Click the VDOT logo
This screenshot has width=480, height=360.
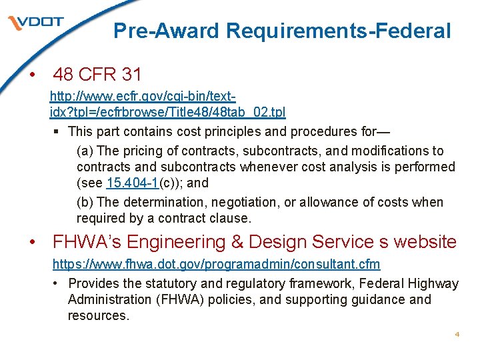click(x=36, y=23)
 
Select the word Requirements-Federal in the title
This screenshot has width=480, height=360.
click(x=339, y=31)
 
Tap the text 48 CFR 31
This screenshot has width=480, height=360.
click(x=97, y=74)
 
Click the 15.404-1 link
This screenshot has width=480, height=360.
click(x=133, y=183)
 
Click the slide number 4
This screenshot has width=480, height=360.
click(x=457, y=334)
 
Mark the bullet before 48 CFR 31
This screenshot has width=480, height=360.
click(x=31, y=75)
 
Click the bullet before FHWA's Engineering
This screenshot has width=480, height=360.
click(x=31, y=243)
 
